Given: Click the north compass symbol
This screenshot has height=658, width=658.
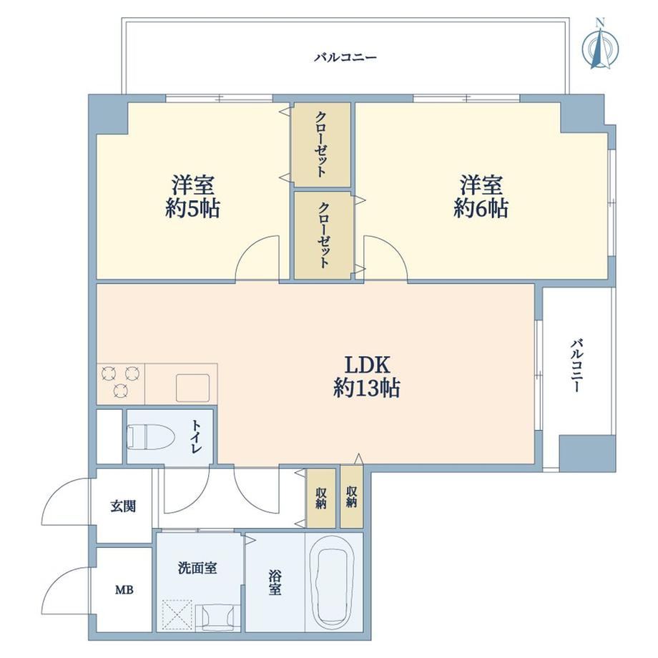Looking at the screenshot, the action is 601,47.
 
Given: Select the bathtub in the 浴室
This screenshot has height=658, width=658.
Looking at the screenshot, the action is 333,582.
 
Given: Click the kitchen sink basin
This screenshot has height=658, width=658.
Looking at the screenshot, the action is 192,388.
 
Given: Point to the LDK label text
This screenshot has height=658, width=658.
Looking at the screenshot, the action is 368,365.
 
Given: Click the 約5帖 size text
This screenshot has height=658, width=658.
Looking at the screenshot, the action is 192,209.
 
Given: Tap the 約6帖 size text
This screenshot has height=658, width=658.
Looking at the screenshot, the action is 481,209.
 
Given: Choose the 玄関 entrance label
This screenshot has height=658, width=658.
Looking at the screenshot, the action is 123,506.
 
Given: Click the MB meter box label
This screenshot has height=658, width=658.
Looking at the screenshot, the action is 124,590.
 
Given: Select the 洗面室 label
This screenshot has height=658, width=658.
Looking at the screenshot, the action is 197,568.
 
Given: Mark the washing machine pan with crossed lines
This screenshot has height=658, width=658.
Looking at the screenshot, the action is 177,615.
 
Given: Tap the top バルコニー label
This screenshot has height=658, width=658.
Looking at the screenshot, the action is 345,57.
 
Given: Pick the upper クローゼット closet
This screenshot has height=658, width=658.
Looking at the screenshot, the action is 322,144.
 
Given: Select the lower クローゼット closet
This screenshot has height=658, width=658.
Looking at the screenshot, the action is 323,235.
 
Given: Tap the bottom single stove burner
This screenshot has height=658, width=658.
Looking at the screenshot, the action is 121,391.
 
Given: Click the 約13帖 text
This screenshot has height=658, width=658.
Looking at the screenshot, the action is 367,388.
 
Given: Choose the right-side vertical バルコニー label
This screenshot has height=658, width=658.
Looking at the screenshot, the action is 576,366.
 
